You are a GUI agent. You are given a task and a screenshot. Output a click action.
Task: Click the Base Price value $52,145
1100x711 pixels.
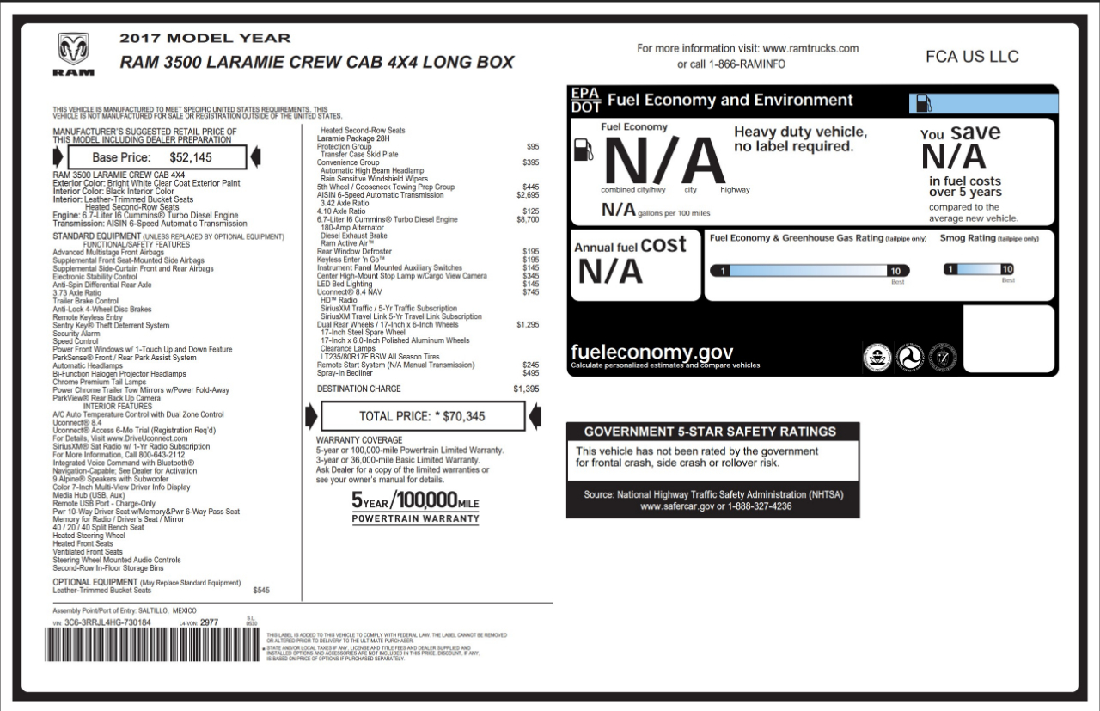(x=190, y=157)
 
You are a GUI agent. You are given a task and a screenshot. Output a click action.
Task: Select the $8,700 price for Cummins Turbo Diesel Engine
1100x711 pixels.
(x=527, y=220)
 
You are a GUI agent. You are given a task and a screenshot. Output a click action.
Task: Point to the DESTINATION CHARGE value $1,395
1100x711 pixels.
(x=526, y=389)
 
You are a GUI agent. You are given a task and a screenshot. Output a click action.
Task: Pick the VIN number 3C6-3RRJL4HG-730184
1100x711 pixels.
(x=107, y=622)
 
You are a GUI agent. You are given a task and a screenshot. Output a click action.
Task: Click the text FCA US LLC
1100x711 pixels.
(x=972, y=57)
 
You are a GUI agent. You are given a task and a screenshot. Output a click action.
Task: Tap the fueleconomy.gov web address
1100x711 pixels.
(x=651, y=352)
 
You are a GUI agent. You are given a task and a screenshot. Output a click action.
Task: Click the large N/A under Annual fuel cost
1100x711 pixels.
(x=609, y=272)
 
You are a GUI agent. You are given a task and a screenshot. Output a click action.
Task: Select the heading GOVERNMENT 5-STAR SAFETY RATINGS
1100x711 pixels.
(x=709, y=432)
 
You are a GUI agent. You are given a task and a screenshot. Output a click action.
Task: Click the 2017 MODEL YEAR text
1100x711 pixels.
(x=205, y=39)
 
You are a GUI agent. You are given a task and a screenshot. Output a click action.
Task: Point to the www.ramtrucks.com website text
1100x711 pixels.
(x=810, y=49)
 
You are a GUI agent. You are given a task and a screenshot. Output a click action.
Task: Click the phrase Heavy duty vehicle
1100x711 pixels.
(x=800, y=132)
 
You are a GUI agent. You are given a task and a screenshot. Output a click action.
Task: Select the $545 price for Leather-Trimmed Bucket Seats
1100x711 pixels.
(x=261, y=591)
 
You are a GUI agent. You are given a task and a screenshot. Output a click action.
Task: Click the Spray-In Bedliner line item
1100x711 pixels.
(x=345, y=373)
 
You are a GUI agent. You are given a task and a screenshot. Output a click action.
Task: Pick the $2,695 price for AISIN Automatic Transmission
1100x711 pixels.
(x=527, y=195)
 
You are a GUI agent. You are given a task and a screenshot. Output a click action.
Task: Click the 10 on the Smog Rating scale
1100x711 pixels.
(x=1007, y=269)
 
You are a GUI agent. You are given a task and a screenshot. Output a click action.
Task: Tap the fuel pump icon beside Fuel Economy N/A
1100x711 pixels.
(x=584, y=148)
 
